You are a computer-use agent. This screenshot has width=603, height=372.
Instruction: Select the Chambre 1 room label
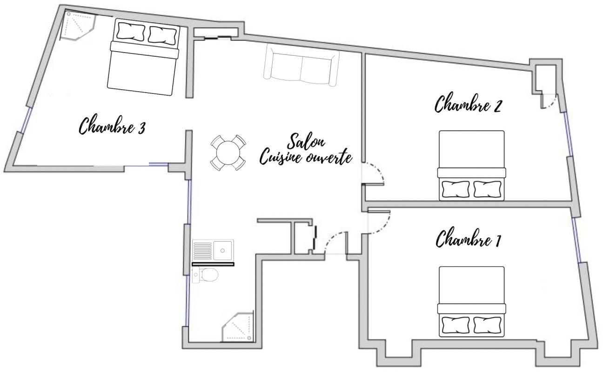pyautogui.click(x=468, y=238)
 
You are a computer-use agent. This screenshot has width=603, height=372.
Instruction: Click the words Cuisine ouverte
pyautogui.click(x=306, y=157)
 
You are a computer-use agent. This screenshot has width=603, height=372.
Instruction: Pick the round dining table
pyautogui.click(x=228, y=152)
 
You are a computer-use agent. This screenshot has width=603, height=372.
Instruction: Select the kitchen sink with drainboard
pyautogui.click(x=213, y=251)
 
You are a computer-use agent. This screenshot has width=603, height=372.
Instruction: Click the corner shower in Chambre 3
pyautogui.click(x=78, y=26)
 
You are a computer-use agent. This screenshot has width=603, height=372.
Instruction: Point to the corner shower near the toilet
pyautogui.click(x=238, y=326)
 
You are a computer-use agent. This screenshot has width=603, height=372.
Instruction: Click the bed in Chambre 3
pyautogui.click(x=143, y=57)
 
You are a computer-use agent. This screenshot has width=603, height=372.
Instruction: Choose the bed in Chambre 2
pyautogui.click(x=471, y=166)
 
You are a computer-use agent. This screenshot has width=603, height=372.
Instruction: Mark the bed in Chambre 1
pyautogui.click(x=471, y=301)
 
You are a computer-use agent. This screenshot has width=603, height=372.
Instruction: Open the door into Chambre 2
pyautogui.click(x=373, y=174)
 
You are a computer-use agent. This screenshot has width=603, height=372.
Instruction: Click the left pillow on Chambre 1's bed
pyautogui.click(x=456, y=325)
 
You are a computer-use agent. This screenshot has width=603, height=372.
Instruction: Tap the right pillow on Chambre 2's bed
pyautogui.click(x=487, y=189)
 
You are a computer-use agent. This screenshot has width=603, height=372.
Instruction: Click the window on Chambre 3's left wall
pyautogui.click(x=27, y=120)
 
